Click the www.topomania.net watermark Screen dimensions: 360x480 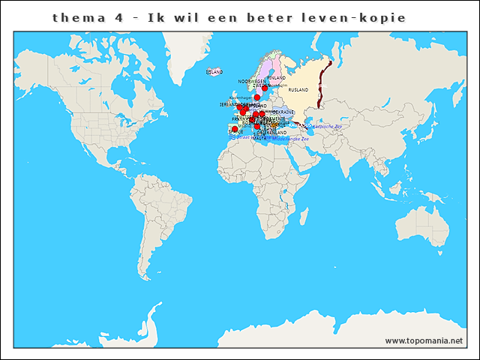point(424,340)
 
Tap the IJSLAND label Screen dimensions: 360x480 point(214,72)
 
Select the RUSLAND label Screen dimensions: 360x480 point(298,90)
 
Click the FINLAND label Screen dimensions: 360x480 point(276,77)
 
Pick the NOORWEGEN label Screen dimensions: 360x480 point(252,81)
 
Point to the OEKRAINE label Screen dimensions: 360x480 point(283,112)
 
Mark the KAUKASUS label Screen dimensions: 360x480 point(301,124)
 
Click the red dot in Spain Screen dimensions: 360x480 point(235,129)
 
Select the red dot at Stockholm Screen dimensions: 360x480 point(265,88)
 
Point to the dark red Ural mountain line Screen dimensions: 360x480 point(323,82)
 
